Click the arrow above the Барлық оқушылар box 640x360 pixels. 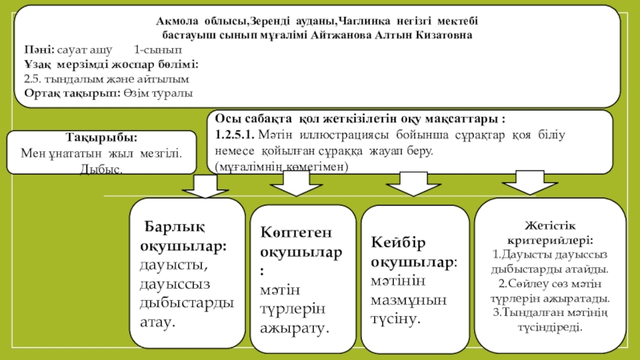206,186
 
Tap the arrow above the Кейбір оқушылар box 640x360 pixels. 407,186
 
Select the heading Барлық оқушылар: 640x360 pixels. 183,235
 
